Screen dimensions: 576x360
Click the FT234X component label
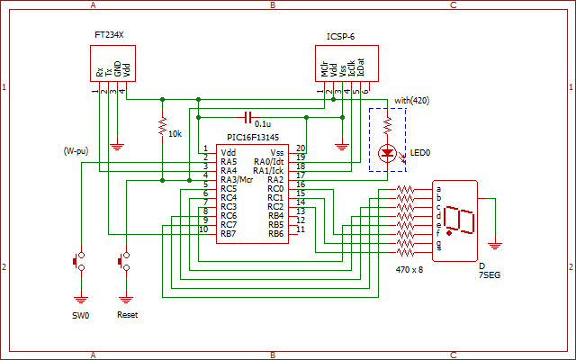coord(109,35)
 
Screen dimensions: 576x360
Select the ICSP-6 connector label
coord(340,37)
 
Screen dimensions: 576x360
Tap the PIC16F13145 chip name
coord(253,138)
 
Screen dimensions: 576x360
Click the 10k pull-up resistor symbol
coord(162,126)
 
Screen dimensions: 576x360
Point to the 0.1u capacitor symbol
coord(248,118)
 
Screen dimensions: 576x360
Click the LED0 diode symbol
coord(388,153)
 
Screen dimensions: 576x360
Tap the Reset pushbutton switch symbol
coord(124,262)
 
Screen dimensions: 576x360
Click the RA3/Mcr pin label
coord(237,180)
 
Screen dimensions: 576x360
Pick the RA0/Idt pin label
coord(268,162)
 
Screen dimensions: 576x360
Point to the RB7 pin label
coord(229,234)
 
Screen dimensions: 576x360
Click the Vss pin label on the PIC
coord(277,153)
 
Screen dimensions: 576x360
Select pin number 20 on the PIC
coord(301,148)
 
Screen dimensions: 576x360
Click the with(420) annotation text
coord(412,101)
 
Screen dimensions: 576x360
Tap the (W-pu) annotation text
coord(76,151)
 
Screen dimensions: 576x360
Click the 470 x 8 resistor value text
coord(409,270)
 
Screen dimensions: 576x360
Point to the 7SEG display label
coord(490,275)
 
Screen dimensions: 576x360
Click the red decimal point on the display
coord(449,233)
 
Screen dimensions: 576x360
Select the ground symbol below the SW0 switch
coord(81,299)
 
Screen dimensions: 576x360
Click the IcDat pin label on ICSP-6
coord(361,67)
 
